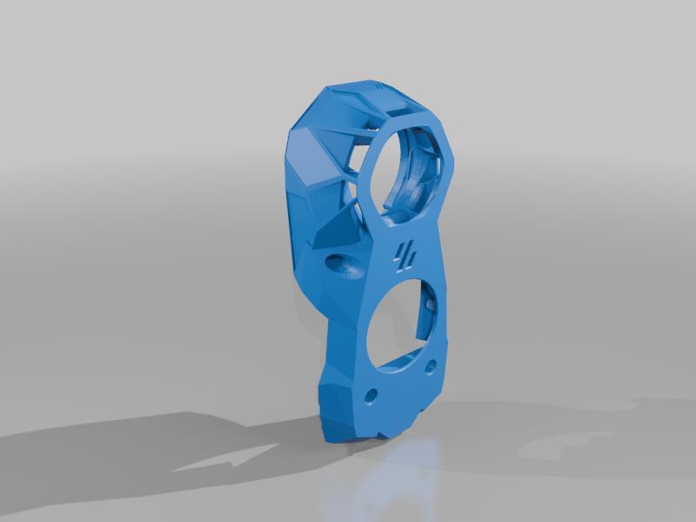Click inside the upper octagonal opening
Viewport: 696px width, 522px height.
point(409,170)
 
